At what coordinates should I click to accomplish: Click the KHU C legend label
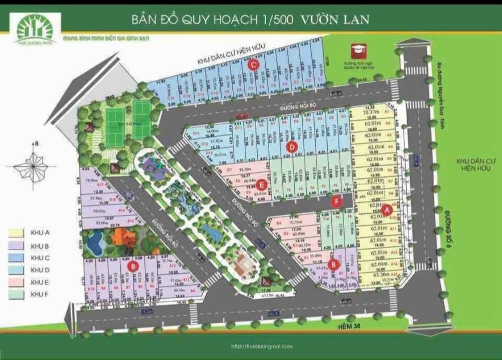coord(40,258)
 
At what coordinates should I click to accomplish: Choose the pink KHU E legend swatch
coord(16,282)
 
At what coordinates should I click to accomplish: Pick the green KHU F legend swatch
coord(16,295)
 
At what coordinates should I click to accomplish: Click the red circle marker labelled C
coord(254,64)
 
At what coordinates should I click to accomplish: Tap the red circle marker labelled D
coord(292,147)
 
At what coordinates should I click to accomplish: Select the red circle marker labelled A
coord(386,210)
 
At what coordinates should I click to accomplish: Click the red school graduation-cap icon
coord(358,50)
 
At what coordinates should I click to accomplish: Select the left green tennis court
coord(118,119)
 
